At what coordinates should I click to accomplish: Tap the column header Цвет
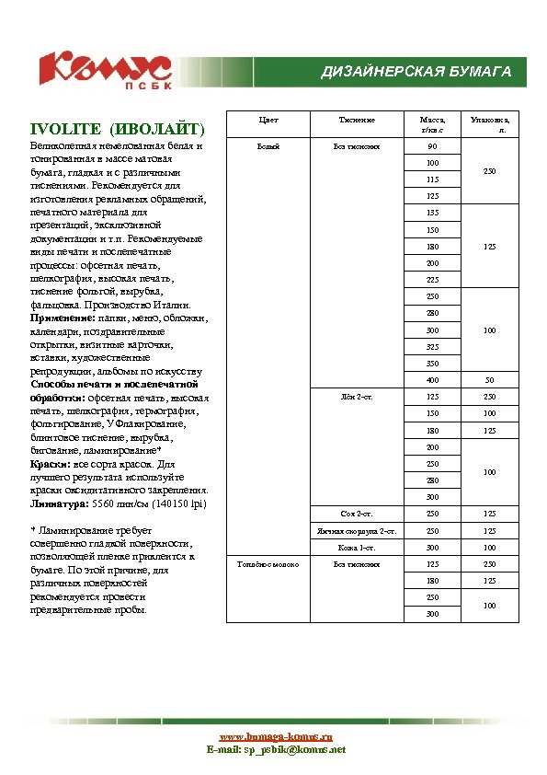pos(268,120)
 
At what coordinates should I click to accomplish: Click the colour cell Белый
pos(268,146)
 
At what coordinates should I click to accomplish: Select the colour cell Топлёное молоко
pos(268,563)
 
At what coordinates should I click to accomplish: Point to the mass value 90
pos(432,147)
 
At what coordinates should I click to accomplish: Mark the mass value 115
pos(432,179)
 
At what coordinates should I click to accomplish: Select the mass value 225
pos(432,280)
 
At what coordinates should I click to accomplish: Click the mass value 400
pos(432,380)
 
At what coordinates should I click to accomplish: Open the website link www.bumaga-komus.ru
pos(275,737)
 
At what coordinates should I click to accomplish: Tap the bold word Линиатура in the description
pos(59,504)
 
